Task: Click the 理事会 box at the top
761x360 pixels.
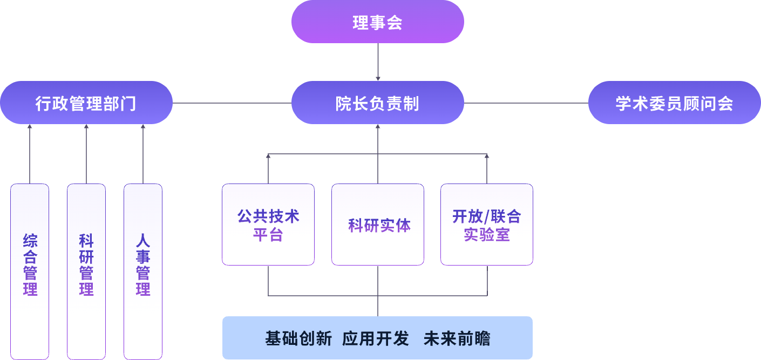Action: click(377, 22)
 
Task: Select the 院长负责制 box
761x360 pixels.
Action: click(377, 103)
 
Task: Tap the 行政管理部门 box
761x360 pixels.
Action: click(86, 103)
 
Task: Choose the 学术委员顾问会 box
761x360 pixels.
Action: click(674, 103)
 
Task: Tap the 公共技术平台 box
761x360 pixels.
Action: click(268, 225)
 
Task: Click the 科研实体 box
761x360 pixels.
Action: click(378, 225)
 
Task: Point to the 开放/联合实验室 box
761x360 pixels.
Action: click(487, 225)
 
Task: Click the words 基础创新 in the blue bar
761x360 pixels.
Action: click(298, 338)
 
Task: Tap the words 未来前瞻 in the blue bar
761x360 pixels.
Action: click(457, 338)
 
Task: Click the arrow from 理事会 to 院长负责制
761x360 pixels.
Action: click(378, 62)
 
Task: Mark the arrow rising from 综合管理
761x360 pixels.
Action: click(30, 154)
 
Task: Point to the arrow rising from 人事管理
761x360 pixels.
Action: click(143, 154)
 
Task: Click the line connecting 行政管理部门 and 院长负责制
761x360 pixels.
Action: click(232, 103)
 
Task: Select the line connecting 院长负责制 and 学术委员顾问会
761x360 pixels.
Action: click(526, 103)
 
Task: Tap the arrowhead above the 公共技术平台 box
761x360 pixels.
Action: click(268, 157)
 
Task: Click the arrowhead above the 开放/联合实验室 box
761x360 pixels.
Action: click(487, 157)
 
